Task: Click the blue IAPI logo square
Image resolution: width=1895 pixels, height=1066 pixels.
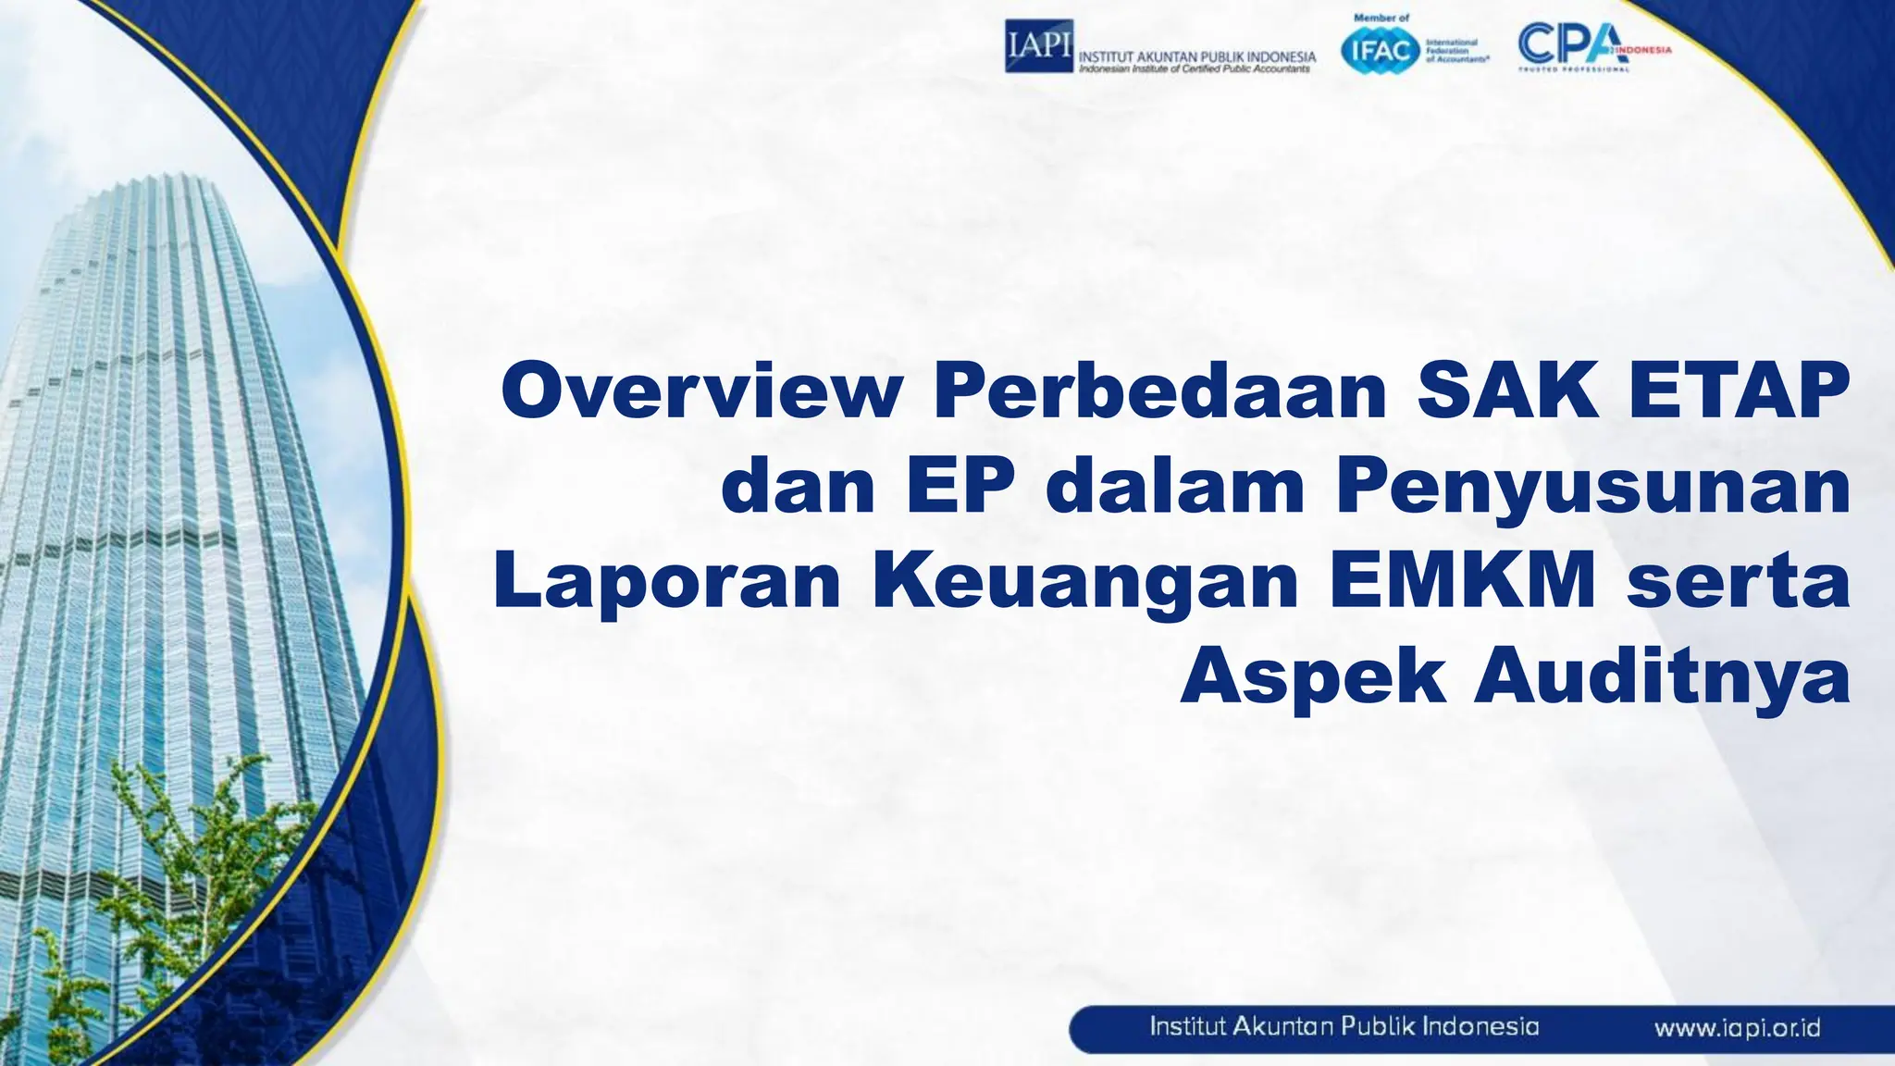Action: pos(1038,45)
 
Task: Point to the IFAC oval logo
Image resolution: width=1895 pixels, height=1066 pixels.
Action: pos(1381,50)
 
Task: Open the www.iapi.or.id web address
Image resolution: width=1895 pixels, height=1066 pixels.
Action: pos(1737,1028)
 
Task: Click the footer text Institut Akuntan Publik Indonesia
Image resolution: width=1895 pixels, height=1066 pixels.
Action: pos(1344,1027)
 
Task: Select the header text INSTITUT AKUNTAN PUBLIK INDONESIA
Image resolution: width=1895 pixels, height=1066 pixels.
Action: pos(1197,56)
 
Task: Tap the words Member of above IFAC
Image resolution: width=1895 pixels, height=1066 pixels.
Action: pos(1381,18)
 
